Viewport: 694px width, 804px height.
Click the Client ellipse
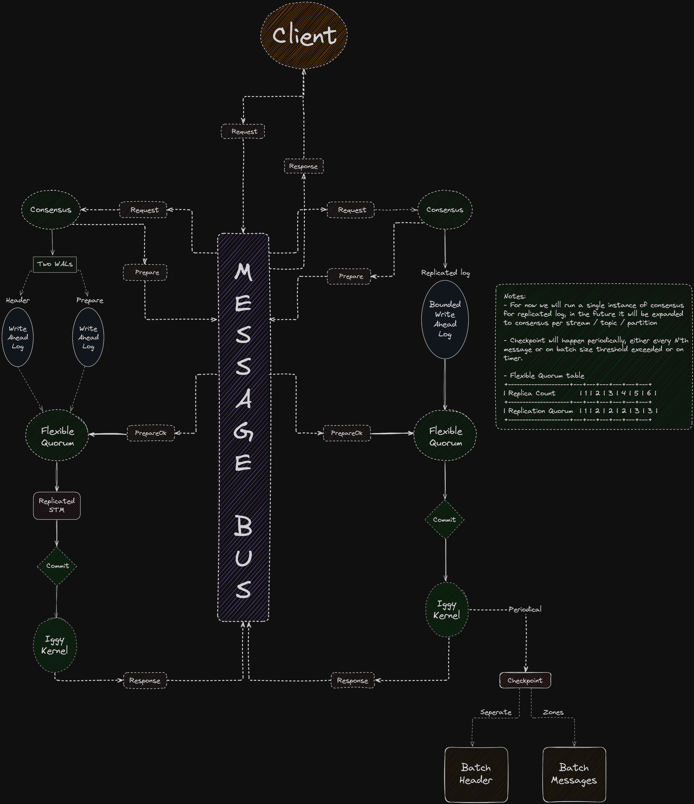[x=304, y=35]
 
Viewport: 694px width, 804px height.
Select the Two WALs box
[x=55, y=264]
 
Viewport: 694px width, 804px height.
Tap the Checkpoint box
[x=525, y=680]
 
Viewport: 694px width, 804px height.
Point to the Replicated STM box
[x=57, y=506]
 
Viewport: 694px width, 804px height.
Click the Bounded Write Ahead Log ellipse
[x=445, y=319]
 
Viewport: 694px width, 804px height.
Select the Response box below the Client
[x=304, y=166]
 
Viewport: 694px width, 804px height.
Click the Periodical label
[x=525, y=609]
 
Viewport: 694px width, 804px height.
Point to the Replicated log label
[x=446, y=273]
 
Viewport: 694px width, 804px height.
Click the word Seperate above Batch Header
[x=496, y=712]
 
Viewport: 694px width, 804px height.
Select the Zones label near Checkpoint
[x=553, y=712]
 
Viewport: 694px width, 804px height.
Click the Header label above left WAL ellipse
[x=18, y=300]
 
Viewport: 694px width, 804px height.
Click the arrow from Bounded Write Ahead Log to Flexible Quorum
[x=445, y=384]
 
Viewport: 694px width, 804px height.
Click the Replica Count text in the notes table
[x=532, y=393]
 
